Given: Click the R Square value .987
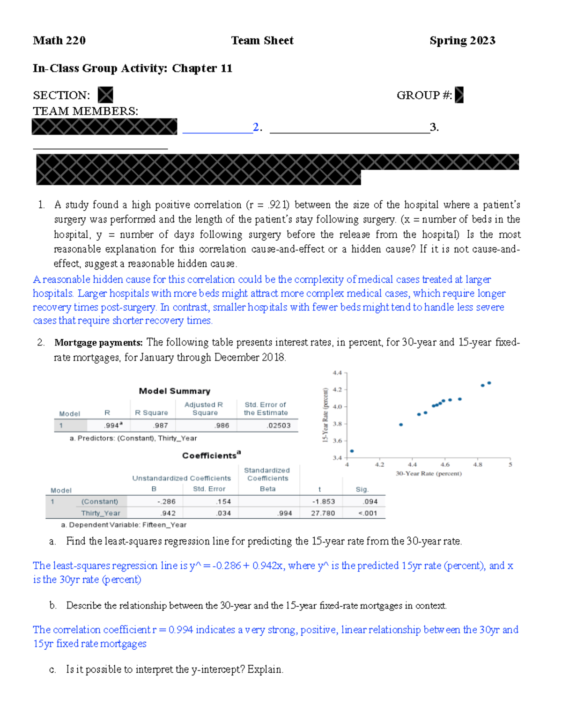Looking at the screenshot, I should click(160, 426).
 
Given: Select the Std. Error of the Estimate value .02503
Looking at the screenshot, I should click(279, 426).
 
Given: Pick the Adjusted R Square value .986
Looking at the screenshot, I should click(222, 426).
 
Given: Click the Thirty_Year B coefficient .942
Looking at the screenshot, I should click(168, 513).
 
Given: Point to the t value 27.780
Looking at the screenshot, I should click(323, 513).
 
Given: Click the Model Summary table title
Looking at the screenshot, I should click(174, 391).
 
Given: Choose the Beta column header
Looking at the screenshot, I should click(267, 489).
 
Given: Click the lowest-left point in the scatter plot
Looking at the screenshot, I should click(352, 451).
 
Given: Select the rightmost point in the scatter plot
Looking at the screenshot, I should click(489, 383).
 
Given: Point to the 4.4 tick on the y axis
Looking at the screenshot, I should click(337, 373).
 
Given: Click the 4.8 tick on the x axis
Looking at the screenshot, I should click(477, 465).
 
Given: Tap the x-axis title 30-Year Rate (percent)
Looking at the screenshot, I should click(429, 474).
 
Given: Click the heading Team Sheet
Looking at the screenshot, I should click(262, 41).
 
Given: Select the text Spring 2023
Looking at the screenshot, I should click(462, 41).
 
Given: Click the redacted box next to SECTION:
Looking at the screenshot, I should click(105, 95).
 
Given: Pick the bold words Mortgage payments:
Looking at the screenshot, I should click(98, 343).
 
